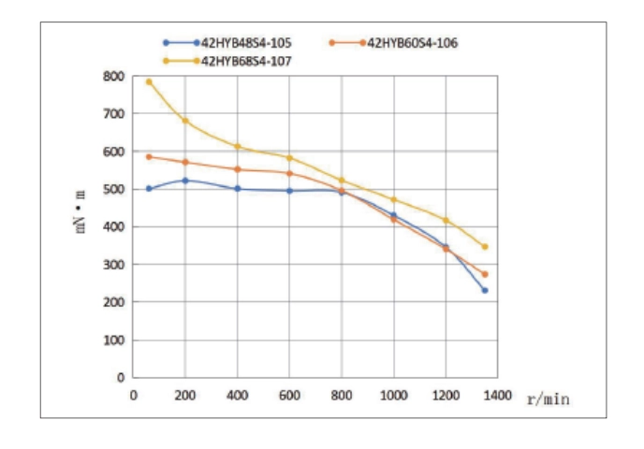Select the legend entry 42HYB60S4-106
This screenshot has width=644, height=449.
pos(412,42)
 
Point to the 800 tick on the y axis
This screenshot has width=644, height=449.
pos(115,77)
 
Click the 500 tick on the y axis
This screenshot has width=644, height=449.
pos(115,190)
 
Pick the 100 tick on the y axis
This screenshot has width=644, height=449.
pos(115,340)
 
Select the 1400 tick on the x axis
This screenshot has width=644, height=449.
pos(498,396)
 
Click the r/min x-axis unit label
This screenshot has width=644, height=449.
pos(549,398)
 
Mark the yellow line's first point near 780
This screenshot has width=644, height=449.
pos(149,82)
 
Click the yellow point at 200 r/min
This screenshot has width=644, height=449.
pos(185,120)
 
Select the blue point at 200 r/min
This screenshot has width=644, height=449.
pos(185,181)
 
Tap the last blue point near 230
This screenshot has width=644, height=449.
pos(485,290)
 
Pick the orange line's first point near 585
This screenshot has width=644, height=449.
pos(149,156)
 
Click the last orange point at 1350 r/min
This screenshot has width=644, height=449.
pos(485,274)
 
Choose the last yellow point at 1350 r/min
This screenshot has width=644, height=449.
pos(485,247)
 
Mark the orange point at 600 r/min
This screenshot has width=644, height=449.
pos(289,173)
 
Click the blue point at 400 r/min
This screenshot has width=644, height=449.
pos(238,189)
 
